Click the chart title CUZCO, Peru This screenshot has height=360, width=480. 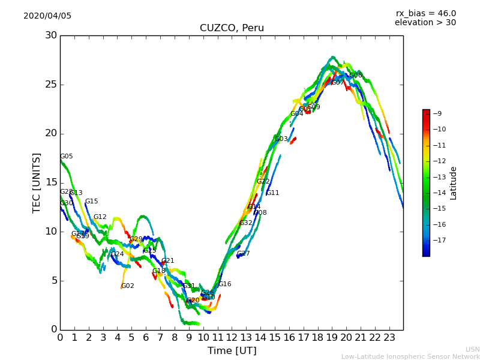(232, 28)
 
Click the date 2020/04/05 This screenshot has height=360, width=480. (47, 16)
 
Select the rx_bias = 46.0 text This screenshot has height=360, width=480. (425, 14)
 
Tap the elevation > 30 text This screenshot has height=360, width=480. (425, 23)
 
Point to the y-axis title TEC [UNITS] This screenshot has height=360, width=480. (37, 182)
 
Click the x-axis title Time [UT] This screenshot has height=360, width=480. (232, 351)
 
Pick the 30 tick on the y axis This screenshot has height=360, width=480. (51, 35)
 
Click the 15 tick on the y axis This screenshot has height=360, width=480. (51, 182)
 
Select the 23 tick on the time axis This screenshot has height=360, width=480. (389, 338)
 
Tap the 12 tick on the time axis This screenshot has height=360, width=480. (232, 338)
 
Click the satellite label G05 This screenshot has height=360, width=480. (67, 157)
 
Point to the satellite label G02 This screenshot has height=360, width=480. (128, 286)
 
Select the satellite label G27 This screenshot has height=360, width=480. (244, 254)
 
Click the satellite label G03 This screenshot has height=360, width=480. (281, 139)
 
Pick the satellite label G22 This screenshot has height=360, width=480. (263, 182)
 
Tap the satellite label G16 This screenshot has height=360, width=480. (224, 284)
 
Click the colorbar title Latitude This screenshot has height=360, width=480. (454, 183)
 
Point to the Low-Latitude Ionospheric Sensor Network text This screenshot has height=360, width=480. (410, 357)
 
